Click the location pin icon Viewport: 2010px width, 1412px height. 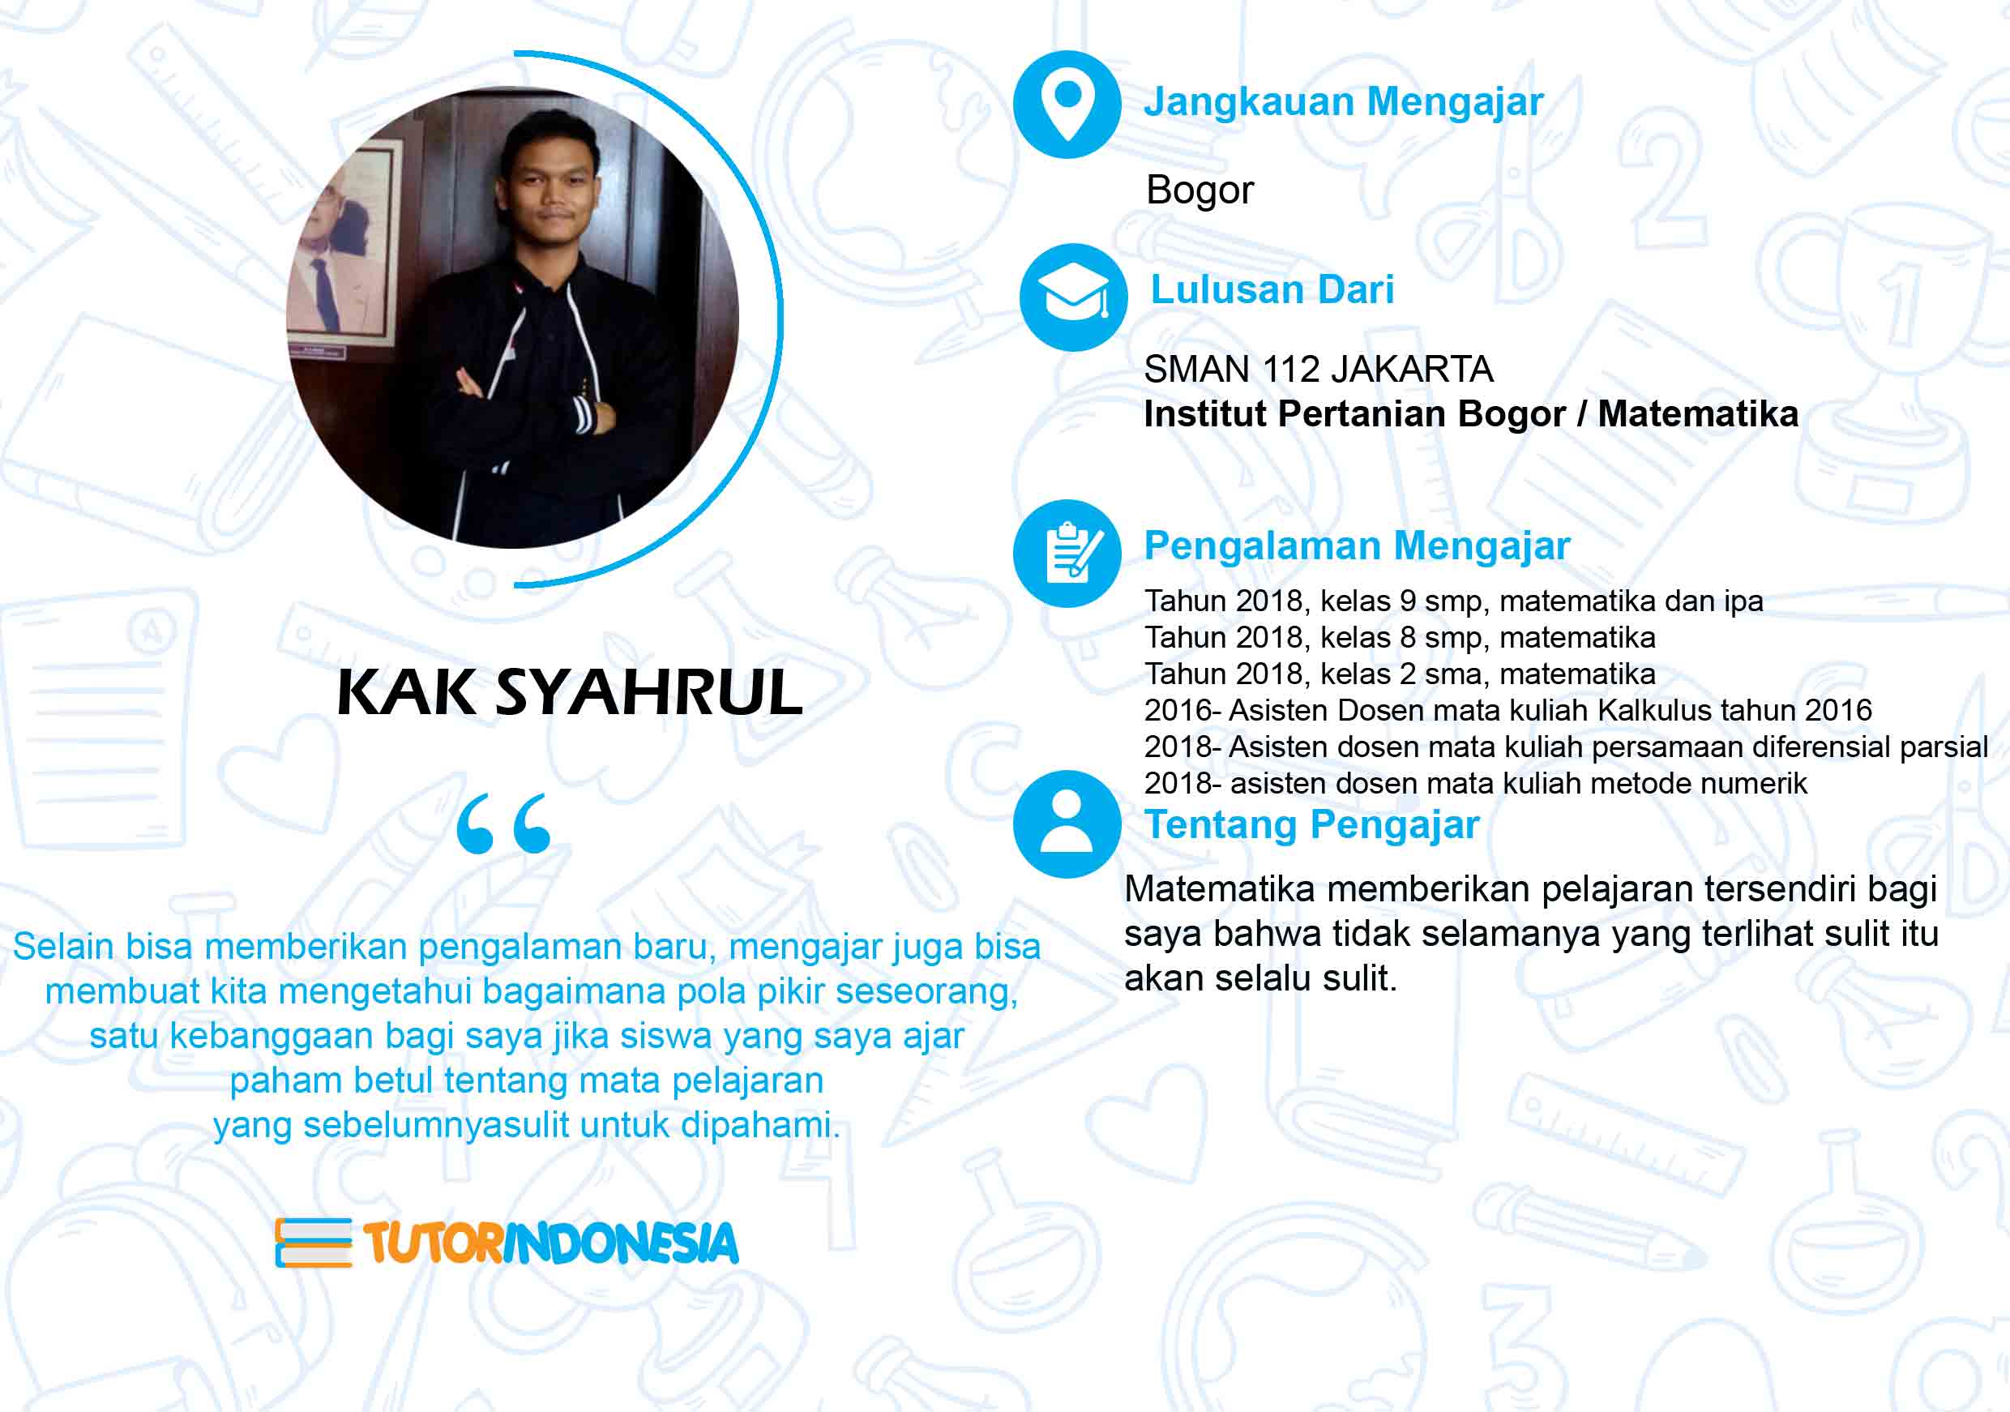pyautogui.click(x=1067, y=105)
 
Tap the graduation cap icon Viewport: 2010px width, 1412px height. pyautogui.click(x=1073, y=297)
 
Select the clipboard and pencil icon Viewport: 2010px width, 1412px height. pyautogui.click(x=1067, y=554)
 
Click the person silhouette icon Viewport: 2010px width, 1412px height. pyautogui.click(x=1067, y=824)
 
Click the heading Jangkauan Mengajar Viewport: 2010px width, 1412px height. pyautogui.click(x=1344, y=102)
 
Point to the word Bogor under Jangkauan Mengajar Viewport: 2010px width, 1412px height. pyautogui.click(x=1200, y=190)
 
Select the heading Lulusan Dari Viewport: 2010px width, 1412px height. pyautogui.click(x=1272, y=289)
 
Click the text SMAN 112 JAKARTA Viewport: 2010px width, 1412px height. pyautogui.click(x=1319, y=370)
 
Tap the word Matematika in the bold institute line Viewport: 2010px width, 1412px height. pyautogui.click(x=1697, y=414)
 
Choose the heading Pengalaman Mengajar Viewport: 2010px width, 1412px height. pyautogui.click(x=1357, y=546)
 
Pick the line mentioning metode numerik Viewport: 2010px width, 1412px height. pyautogui.click(x=1475, y=782)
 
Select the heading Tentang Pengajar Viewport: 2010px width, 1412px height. pyautogui.click(x=1312, y=824)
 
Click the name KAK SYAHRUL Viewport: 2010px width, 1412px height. pyautogui.click(x=570, y=692)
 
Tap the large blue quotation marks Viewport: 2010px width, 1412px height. pyautogui.click(x=504, y=824)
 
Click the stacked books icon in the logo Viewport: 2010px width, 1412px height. pyautogui.click(x=314, y=1242)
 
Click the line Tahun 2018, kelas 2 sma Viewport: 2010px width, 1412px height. pyautogui.click(x=1400, y=674)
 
